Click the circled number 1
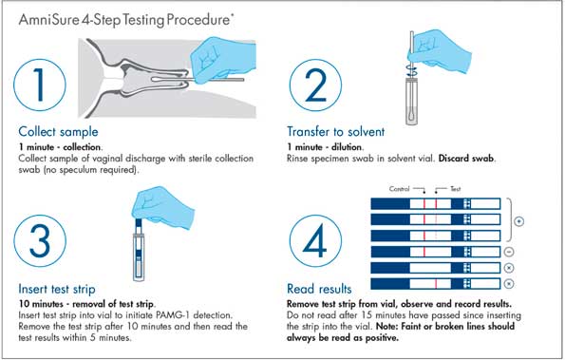(40, 85)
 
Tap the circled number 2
(315, 85)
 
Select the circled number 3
(40, 240)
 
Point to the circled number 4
(315, 240)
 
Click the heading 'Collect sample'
(58, 131)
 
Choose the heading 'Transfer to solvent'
(336, 131)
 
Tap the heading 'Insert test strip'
(57, 289)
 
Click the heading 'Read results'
(319, 289)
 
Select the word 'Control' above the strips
(399, 189)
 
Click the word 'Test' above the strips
(456, 189)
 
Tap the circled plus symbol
(518, 221)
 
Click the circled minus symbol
(509, 252)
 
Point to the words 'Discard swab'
(466, 159)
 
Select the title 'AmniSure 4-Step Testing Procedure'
(124, 19)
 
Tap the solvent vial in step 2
(411, 102)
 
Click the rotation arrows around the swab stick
(411, 70)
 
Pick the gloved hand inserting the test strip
(162, 207)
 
